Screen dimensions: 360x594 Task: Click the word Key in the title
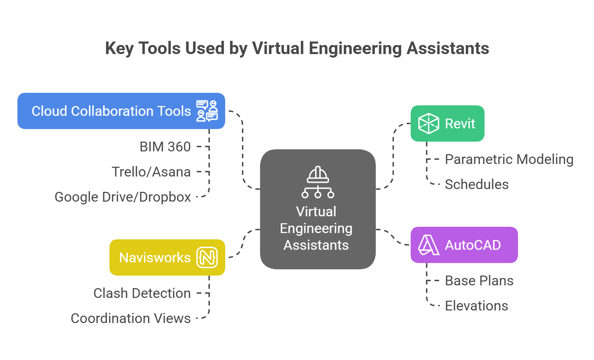(x=119, y=48)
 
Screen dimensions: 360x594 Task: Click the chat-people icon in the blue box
(x=207, y=111)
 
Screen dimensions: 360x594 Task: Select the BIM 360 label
(x=165, y=147)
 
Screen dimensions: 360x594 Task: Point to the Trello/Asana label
(x=151, y=172)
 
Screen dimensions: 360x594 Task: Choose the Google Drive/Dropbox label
(x=123, y=197)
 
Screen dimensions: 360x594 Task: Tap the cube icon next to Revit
(x=428, y=123)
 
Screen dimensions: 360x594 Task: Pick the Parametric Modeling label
(x=509, y=159)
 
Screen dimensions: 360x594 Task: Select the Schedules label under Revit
(x=477, y=185)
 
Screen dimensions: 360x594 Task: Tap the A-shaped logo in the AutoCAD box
(x=428, y=245)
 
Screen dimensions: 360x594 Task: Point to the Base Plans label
(x=479, y=281)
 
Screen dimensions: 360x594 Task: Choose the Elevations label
(x=476, y=306)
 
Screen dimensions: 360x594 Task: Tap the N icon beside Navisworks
(x=207, y=258)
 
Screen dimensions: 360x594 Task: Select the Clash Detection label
(x=142, y=293)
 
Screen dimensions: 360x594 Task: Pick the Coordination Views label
(x=131, y=318)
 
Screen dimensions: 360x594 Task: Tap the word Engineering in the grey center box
(x=316, y=228)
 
